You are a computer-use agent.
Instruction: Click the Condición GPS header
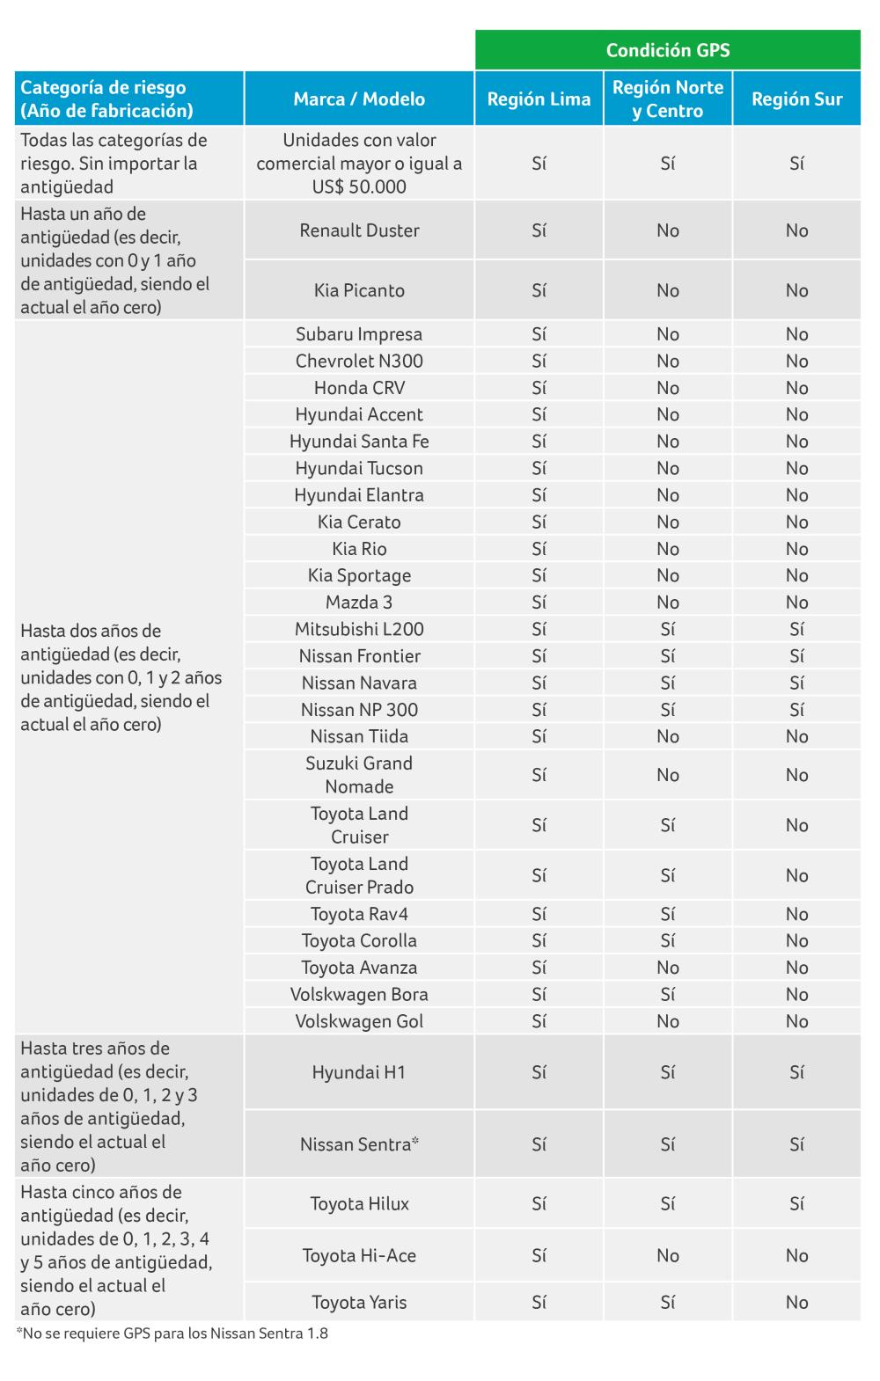coord(668,50)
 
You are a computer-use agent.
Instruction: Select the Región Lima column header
coord(539,99)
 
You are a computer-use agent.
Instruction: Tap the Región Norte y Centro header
coord(668,99)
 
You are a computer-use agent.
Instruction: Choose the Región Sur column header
coord(796,99)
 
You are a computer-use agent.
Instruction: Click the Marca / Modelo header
coord(359,99)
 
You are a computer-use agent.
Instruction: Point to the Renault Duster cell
coord(359,230)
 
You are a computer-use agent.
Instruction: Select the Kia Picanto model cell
coord(359,290)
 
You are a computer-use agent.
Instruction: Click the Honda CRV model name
coord(359,388)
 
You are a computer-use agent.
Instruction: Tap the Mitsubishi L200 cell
coord(359,629)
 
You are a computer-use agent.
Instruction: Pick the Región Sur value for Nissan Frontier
coord(796,656)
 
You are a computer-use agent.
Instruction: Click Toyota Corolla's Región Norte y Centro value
coord(668,940)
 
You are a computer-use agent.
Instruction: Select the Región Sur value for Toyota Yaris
coord(796,1302)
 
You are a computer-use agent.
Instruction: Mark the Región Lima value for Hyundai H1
coord(539,1072)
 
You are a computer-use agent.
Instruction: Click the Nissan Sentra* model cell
coord(359,1144)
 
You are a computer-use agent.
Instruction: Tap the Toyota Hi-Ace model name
coord(359,1255)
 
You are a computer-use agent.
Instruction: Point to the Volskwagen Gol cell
coord(359,1021)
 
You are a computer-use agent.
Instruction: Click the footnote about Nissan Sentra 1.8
coord(172,1334)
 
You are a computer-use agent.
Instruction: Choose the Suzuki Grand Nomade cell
coord(359,775)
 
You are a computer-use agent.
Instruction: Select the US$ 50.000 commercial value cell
coord(359,164)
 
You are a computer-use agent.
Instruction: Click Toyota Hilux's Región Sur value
coord(796,1203)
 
